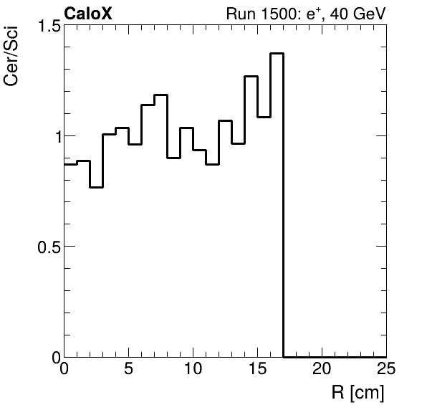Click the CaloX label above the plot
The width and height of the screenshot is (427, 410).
point(88,14)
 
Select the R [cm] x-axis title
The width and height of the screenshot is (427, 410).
point(358,393)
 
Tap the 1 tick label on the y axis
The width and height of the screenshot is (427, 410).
point(52,136)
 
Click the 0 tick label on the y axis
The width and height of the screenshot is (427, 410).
point(52,356)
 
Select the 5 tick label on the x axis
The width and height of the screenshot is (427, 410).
point(129,370)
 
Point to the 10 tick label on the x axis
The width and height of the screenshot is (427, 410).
point(193,370)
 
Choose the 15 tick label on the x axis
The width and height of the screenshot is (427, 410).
point(258,370)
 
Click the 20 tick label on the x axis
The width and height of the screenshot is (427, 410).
point(322,370)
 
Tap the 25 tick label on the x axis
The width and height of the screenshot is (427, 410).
point(385,370)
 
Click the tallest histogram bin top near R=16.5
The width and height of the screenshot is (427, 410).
point(277,54)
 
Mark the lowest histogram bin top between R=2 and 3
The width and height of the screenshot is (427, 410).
point(97,187)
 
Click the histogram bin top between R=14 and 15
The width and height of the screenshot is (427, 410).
point(251,76)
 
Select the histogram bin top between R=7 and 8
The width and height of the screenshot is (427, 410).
point(161,95)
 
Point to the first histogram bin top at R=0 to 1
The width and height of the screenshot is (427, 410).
point(71,164)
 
